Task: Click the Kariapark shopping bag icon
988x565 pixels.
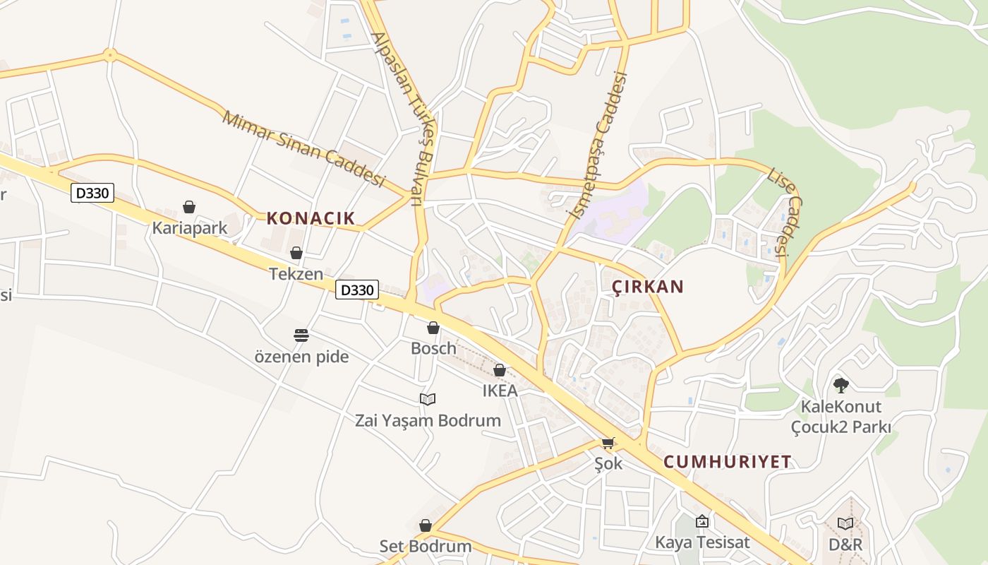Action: click(188, 207)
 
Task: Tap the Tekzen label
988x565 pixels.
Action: click(296, 274)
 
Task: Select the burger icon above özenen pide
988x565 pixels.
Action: click(301, 335)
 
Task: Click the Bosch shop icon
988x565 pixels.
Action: click(433, 328)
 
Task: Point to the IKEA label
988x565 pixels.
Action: click(500, 391)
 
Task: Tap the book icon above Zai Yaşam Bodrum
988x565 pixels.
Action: click(428, 399)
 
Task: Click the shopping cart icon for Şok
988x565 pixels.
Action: click(608, 443)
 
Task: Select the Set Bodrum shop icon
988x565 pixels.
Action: click(425, 525)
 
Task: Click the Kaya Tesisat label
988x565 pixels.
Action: click(702, 542)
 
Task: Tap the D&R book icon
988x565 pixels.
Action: click(845, 523)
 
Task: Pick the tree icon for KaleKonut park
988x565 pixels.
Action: click(841, 385)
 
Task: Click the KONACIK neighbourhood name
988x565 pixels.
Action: click(311, 218)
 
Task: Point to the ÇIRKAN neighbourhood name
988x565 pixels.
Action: click(648, 287)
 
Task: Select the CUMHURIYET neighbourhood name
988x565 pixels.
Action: click(728, 462)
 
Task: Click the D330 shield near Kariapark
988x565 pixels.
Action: click(92, 192)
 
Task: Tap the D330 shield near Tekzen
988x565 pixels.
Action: click(357, 289)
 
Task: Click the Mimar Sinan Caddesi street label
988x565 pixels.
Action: click(304, 149)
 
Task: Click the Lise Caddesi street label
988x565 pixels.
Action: click(785, 212)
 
